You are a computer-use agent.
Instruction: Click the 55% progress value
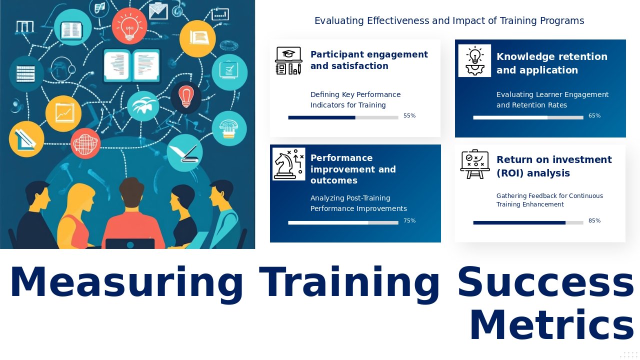pos(409,116)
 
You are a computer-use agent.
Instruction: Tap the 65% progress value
pos(594,116)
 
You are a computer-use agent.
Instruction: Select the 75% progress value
pos(409,221)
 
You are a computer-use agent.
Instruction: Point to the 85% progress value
pos(594,221)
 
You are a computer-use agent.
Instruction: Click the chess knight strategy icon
pos(288,164)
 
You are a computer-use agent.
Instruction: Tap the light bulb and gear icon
pos(474,60)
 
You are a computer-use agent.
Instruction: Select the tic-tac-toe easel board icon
pos(474,164)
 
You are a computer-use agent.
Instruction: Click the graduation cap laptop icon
pos(288,60)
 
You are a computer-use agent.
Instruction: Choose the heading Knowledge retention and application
pos(551,63)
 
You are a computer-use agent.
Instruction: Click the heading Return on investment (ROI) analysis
pos(553,166)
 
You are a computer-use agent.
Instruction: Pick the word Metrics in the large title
pos(551,325)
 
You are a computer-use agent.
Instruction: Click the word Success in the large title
pos(545,282)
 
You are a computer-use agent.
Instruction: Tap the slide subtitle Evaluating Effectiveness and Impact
pos(449,21)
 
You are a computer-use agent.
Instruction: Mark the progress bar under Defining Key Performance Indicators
pos(343,117)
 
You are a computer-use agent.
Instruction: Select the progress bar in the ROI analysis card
pos(528,222)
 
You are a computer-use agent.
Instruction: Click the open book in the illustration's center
pos(131,65)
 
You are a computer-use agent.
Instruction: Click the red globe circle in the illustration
pos(85,143)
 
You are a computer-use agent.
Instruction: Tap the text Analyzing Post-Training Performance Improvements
pos(358,203)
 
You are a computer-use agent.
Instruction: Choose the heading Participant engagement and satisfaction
pos(369,60)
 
